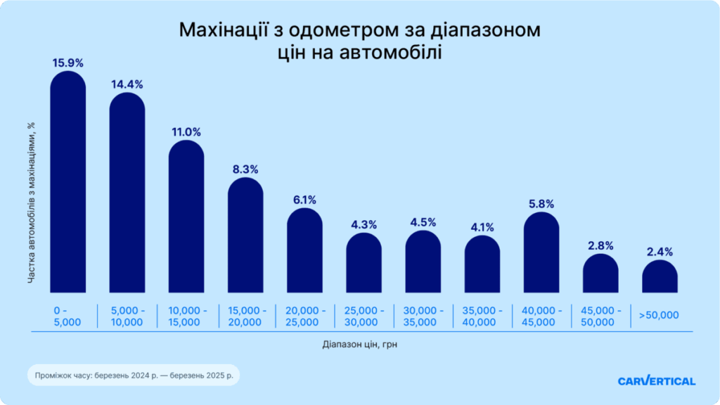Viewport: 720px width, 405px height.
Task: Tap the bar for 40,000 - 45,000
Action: click(541, 253)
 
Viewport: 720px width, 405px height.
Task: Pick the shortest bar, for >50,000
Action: click(660, 277)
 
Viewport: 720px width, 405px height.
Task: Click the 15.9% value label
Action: click(68, 63)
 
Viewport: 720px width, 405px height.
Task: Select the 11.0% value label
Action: click(186, 131)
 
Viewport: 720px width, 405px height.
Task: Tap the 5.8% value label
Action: click(541, 204)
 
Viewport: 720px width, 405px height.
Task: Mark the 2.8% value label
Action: click(600, 246)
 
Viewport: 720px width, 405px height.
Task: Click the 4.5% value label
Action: click(423, 222)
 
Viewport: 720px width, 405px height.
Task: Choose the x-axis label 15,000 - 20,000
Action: click(245, 316)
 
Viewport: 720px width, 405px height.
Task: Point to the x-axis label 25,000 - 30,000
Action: click(364, 316)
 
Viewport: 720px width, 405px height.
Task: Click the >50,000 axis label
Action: click(659, 315)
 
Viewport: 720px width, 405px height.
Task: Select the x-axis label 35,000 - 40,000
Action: click(482, 316)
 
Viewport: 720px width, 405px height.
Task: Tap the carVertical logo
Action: click(657, 381)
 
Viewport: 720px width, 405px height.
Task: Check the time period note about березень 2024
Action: click(133, 376)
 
